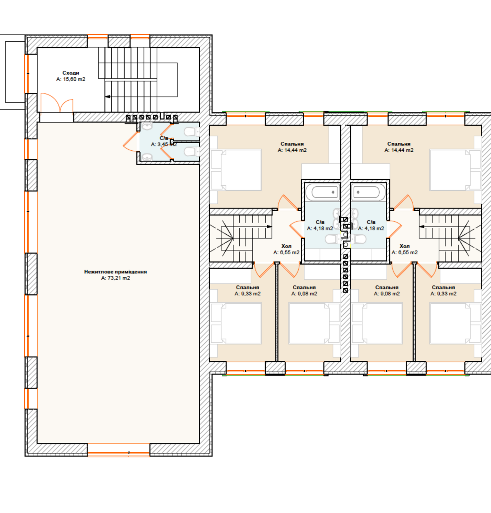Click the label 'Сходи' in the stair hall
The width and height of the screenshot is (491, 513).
71,73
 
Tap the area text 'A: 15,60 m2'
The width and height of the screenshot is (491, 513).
71,79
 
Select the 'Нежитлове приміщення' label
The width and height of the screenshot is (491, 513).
116,272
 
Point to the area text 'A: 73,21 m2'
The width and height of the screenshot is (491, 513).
116,278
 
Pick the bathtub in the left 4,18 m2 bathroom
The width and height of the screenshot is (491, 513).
323,192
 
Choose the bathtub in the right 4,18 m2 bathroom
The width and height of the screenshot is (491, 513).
368,192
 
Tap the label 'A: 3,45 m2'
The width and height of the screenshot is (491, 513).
164,145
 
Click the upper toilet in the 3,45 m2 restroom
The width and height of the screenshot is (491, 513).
192,131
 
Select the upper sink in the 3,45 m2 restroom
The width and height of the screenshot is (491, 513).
147,126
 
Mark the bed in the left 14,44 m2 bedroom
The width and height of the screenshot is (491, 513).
236,170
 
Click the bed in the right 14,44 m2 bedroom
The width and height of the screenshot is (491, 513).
455,170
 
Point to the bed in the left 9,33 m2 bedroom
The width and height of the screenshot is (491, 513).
236,323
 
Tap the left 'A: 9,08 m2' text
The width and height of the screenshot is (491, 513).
304,294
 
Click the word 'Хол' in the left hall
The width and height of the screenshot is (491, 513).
286,246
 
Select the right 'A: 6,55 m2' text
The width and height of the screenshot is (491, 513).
405,252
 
